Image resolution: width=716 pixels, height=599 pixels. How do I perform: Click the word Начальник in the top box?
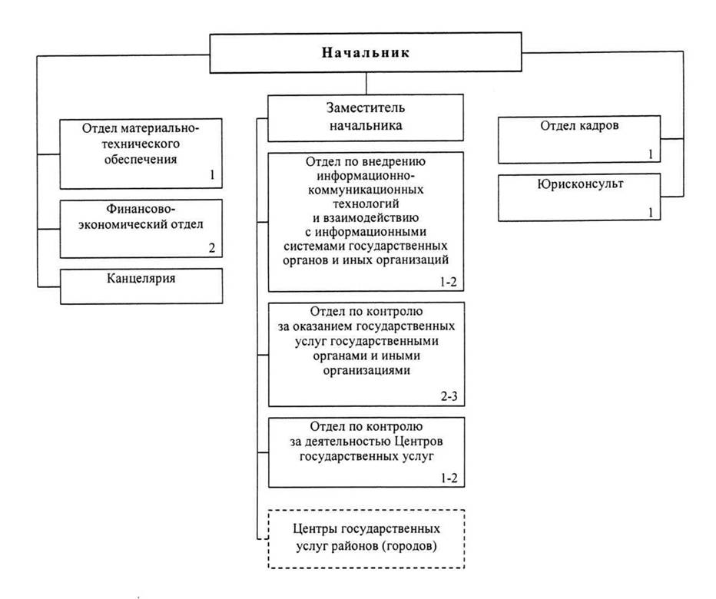pyautogui.click(x=366, y=52)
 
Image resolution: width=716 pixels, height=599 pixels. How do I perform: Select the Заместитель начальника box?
pyautogui.click(x=366, y=117)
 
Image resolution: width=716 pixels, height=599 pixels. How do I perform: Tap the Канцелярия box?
pyautogui.click(x=141, y=286)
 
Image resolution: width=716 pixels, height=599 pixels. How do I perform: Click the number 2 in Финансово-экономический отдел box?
pyautogui.click(x=212, y=248)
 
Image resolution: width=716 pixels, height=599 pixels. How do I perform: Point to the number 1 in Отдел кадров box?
pyautogui.click(x=651, y=154)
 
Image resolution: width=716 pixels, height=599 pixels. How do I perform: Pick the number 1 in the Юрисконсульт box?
pyautogui.click(x=651, y=212)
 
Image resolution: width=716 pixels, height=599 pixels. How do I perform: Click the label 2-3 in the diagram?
pyautogui.click(x=449, y=395)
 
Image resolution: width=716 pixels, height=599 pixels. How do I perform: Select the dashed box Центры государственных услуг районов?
pyautogui.click(x=366, y=539)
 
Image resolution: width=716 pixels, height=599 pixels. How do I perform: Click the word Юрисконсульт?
pyautogui.click(x=580, y=184)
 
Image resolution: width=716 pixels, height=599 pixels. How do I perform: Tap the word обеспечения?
pyautogui.click(x=141, y=159)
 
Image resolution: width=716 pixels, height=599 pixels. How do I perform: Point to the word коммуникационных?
pyautogui.click(x=366, y=190)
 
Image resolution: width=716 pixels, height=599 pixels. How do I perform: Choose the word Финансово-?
pyautogui.click(x=141, y=209)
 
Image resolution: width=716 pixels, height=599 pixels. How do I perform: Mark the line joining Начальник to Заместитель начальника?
pyautogui.click(x=366, y=84)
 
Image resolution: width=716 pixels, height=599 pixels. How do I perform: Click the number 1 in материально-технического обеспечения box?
pyautogui.click(x=212, y=174)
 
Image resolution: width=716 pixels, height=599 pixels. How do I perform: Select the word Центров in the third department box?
pyautogui.click(x=419, y=442)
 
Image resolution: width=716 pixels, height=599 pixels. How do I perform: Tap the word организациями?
pyautogui.click(x=366, y=370)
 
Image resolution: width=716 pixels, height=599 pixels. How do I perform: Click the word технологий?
pyautogui.click(x=366, y=204)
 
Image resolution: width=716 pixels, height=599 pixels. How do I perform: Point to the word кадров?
pyautogui.click(x=598, y=126)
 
